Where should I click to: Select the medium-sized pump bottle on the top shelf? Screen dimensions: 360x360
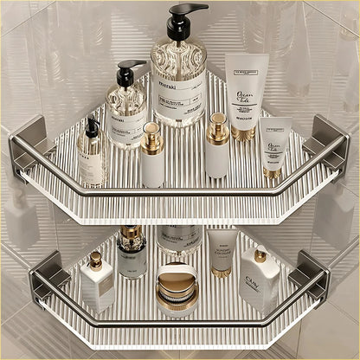click(x=126, y=110)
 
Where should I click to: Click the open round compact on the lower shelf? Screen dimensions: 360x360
click(x=177, y=289)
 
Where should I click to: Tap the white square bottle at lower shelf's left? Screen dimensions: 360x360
click(x=98, y=283)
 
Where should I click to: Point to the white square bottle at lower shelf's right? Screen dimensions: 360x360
click(x=259, y=280)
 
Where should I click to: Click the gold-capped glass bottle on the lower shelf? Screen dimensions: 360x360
click(x=132, y=252)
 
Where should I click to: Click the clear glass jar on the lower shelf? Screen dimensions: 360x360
click(x=180, y=239)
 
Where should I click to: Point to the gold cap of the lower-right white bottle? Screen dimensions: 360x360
click(x=260, y=255)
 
